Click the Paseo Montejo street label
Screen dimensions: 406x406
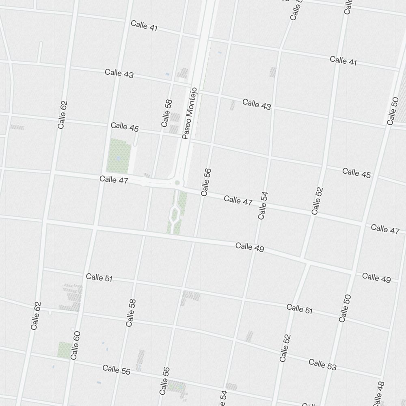click(190, 113)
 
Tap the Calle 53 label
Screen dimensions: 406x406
click(322, 364)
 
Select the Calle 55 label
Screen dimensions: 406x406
click(117, 369)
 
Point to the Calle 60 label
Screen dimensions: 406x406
click(75, 345)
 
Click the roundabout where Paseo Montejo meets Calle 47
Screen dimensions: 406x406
click(177, 183)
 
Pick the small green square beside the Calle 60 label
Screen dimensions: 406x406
click(64, 350)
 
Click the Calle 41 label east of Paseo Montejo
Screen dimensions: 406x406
click(343, 61)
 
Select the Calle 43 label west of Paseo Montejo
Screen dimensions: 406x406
click(119, 74)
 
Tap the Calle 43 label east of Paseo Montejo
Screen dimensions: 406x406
click(257, 104)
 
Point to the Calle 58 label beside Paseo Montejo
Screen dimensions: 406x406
click(166, 113)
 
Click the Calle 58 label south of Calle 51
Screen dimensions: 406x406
click(131, 313)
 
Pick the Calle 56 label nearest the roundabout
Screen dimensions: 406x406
click(206, 182)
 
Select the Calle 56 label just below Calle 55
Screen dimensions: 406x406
click(164, 380)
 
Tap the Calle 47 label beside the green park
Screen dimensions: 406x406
click(114, 179)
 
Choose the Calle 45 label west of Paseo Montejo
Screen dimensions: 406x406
click(125, 127)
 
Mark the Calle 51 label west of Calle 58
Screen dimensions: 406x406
click(99, 278)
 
